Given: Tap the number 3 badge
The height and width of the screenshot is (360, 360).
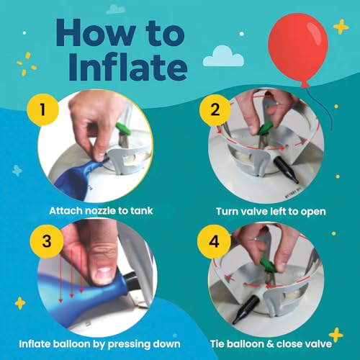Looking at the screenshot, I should (47, 238).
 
